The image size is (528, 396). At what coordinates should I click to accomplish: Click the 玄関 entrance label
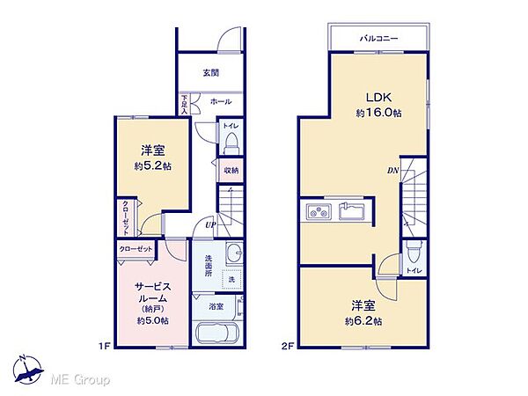click(x=212, y=72)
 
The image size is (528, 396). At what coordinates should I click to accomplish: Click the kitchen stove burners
click(x=317, y=212)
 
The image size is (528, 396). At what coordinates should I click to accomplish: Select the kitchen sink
click(x=353, y=212)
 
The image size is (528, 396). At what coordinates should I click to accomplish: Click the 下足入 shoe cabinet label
click(x=185, y=105)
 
